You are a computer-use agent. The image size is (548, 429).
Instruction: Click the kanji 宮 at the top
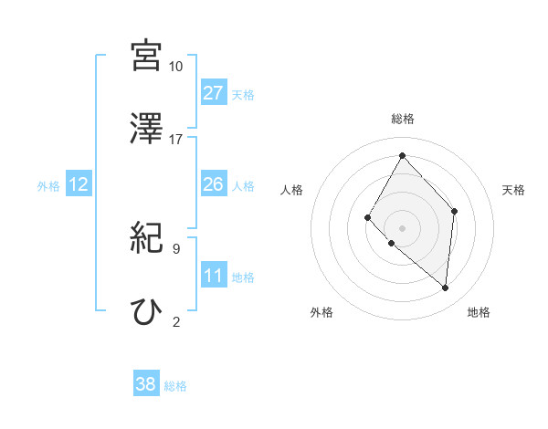point(146,55)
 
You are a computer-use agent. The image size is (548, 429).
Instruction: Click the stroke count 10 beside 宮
point(175,66)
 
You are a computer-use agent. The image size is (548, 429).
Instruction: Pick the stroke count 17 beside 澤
point(175,139)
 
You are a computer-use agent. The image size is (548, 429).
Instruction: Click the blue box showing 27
point(214,93)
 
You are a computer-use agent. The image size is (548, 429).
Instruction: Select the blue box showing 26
point(214,184)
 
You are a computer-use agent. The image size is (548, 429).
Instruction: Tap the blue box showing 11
point(214,276)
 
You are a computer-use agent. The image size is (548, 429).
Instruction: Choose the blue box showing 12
point(79,184)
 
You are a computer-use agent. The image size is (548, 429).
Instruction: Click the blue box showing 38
point(146,384)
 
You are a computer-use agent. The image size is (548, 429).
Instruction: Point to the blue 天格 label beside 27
point(243,95)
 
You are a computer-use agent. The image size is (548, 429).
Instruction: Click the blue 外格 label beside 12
point(48,186)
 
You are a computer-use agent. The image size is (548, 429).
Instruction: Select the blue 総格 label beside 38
point(175,386)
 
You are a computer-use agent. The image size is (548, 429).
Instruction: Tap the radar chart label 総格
point(403,119)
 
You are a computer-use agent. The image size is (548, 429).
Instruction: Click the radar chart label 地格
point(479,312)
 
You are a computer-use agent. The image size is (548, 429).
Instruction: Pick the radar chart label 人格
point(292,190)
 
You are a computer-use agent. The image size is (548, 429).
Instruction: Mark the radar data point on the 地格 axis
point(446,288)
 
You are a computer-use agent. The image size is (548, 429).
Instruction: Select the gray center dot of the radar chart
point(402,227)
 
